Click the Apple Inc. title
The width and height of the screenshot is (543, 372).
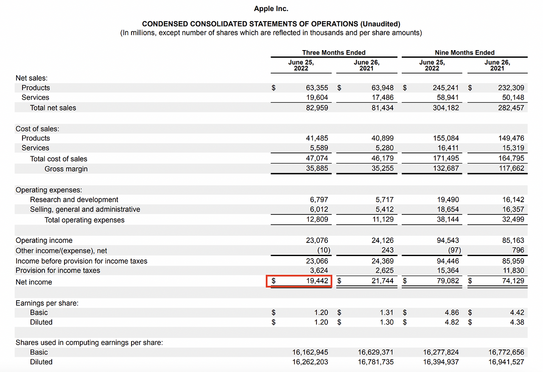(271, 8)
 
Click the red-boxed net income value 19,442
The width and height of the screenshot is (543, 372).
(316, 281)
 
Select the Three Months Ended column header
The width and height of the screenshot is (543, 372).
(333, 53)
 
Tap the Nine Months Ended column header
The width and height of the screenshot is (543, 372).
(465, 53)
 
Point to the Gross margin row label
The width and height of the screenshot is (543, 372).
(66, 169)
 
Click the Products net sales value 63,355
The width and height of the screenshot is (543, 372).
(317, 88)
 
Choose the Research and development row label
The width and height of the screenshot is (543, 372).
(74, 200)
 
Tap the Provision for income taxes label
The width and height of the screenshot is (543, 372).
(58, 271)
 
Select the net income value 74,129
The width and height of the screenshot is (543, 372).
(512, 281)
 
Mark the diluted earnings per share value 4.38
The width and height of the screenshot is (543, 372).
(517, 322)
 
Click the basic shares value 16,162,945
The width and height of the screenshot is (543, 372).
(310, 352)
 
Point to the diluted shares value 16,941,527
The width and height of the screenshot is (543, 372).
(507, 362)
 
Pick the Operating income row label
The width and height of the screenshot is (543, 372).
(44, 240)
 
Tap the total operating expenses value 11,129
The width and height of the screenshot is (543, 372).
(382, 220)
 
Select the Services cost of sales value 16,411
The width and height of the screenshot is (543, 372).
(448, 148)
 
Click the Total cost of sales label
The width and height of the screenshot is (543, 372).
(58, 159)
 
